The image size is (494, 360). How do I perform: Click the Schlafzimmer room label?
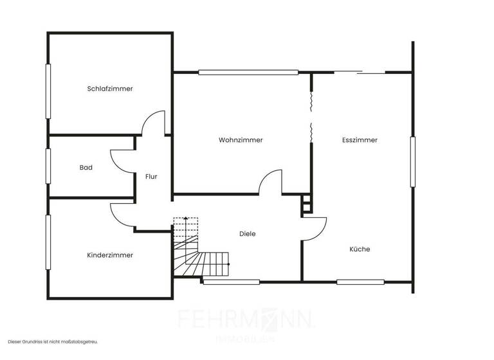tap(110, 89)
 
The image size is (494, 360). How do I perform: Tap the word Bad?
tap(86, 168)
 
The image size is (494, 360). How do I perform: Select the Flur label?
tap(151, 176)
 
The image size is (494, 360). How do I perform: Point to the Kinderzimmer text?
tap(110, 255)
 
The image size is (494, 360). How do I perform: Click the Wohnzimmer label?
tap(241, 140)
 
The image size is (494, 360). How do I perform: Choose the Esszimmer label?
tap(360, 140)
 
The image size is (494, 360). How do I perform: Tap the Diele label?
tap(247, 234)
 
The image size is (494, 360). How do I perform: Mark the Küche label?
tap(360, 249)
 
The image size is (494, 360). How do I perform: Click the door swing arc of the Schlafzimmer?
tap(153, 122)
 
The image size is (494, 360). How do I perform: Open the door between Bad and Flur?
tap(122, 161)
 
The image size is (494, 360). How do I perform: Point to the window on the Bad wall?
tap(48, 166)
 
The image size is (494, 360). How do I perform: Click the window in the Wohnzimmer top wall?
tap(248, 72)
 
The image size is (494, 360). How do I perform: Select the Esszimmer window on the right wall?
tap(413, 162)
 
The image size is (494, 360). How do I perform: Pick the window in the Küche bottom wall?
tap(360, 282)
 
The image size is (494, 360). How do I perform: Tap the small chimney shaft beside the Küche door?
tap(306, 203)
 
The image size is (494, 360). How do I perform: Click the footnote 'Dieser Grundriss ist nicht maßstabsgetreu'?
tap(53, 342)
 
